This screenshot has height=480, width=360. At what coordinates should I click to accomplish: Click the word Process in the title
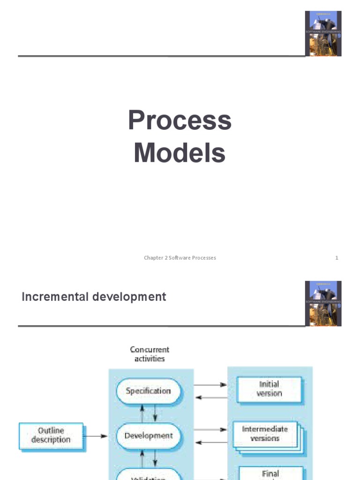[x=180, y=121]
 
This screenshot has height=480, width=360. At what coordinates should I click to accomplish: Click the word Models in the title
[x=180, y=153]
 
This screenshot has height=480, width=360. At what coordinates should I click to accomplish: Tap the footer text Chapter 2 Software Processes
[x=180, y=258]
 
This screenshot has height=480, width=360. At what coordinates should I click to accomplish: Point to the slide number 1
[x=337, y=258]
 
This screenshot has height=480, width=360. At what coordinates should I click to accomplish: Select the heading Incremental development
[x=94, y=297]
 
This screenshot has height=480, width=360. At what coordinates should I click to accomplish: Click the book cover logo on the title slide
[x=323, y=33]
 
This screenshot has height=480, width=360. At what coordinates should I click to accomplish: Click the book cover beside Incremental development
[x=323, y=303]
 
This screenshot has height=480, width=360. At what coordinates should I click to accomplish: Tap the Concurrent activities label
[x=150, y=354]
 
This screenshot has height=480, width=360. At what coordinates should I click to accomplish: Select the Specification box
[x=148, y=391]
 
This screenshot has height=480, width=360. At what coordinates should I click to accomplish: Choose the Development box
[x=148, y=435]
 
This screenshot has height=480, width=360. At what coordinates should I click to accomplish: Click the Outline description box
[x=51, y=435]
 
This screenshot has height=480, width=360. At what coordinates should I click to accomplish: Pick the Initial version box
[x=269, y=389]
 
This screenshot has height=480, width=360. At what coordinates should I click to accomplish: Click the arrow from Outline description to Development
[x=96, y=436]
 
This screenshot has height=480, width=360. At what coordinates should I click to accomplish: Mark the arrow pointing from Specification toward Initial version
[x=210, y=385]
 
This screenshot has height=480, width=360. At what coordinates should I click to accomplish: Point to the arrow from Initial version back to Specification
[x=210, y=397]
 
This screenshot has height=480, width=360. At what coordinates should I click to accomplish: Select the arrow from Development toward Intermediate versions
[x=210, y=429]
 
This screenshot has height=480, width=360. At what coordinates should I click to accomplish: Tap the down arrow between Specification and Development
[x=155, y=413]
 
